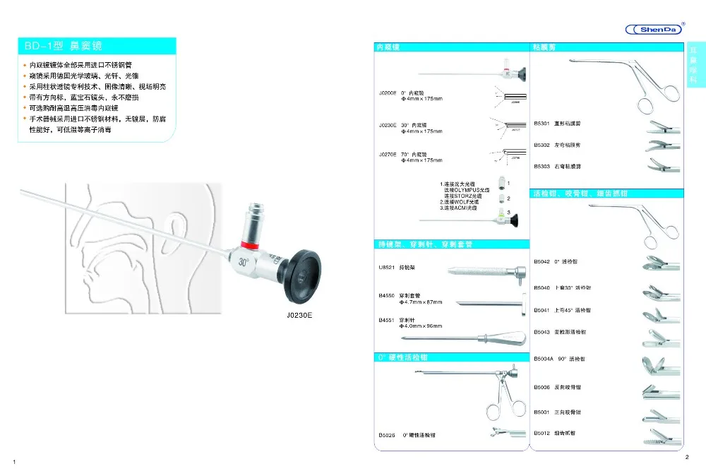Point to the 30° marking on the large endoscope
[244, 262]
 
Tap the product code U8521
[385, 268]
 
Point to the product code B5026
[387, 435]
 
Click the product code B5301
[542, 122]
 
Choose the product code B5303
[542, 166]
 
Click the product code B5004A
[544, 359]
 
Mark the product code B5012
[542, 432]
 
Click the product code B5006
[542, 387]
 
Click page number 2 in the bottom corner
[687, 458]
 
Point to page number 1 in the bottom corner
[14, 462]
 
